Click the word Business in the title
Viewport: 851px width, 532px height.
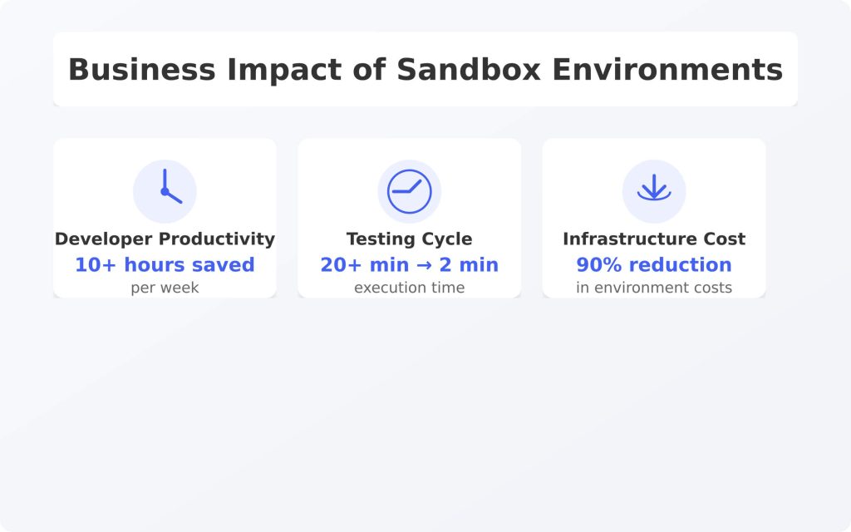[141, 70]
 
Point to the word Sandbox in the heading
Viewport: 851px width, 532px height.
[469, 70]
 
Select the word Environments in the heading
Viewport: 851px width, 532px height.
[667, 70]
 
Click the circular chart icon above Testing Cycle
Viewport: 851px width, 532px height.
[409, 192]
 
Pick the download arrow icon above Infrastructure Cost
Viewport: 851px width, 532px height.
[654, 187]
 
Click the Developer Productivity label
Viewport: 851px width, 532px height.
[165, 239]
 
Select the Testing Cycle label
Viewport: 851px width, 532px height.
[409, 239]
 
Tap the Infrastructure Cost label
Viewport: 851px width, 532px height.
[654, 239]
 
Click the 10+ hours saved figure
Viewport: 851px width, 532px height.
[165, 265]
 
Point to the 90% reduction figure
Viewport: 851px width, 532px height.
[654, 265]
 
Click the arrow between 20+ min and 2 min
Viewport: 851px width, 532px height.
[425, 265]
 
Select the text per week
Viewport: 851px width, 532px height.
[165, 288]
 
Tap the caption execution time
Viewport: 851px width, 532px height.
[409, 288]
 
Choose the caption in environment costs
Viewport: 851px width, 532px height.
[654, 288]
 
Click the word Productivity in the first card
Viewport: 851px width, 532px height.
[217, 239]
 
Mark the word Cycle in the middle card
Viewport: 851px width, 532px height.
[448, 239]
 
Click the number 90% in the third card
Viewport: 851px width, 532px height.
[598, 265]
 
